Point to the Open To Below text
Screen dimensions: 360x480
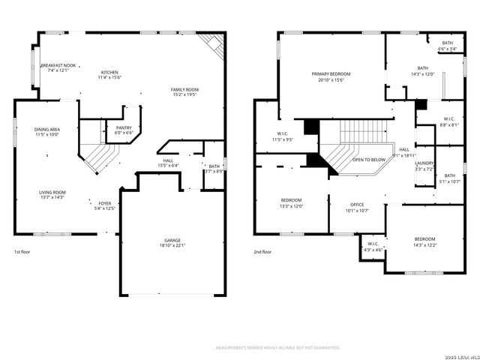click(x=369, y=160)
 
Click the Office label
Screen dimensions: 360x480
click(x=357, y=207)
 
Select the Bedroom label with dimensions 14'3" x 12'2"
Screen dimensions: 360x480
click(x=424, y=241)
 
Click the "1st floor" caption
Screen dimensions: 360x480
click(x=22, y=252)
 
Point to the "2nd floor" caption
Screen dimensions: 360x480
click(x=262, y=252)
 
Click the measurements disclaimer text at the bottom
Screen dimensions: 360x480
click(x=277, y=348)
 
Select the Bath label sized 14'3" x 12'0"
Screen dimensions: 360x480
click(x=423, y=71)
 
